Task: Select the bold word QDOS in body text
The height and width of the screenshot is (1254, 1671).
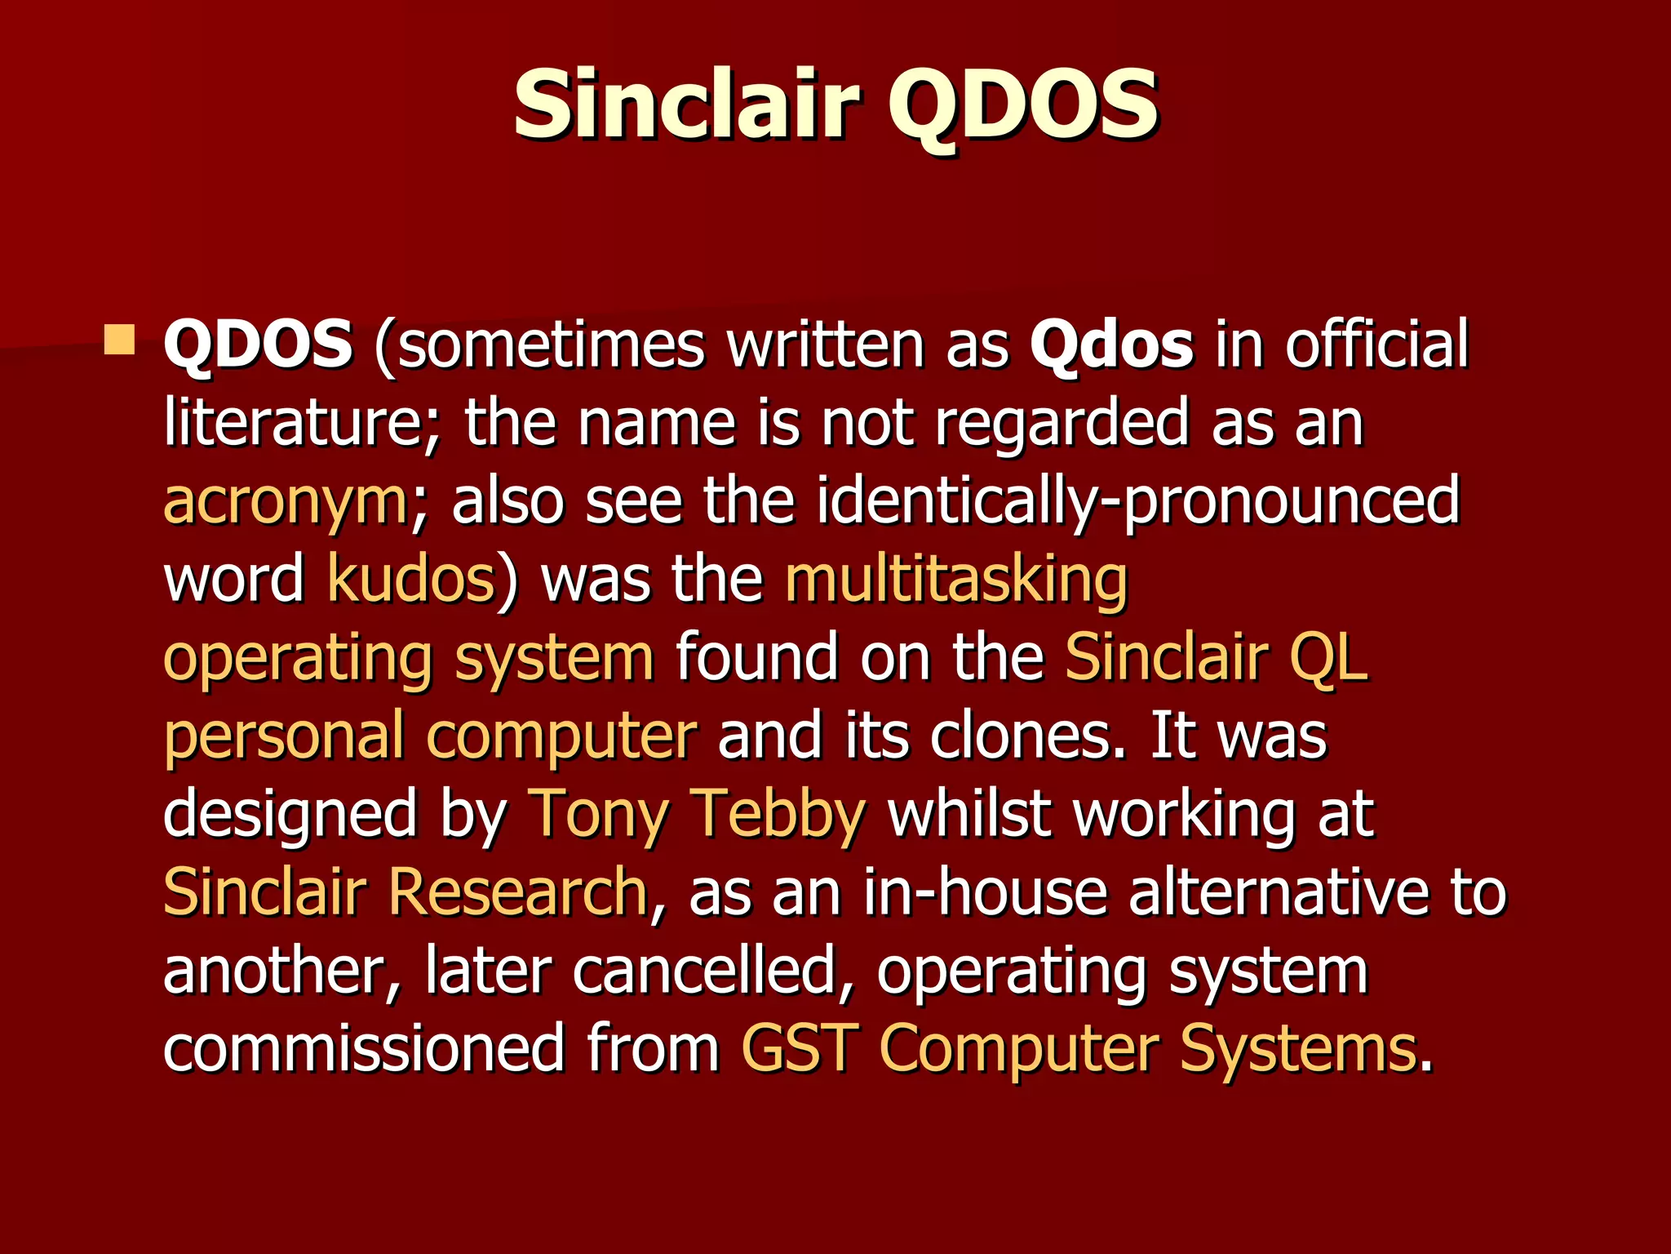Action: (x=258, y=345)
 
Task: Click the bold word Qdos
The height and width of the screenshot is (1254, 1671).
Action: (x=1111, y=345)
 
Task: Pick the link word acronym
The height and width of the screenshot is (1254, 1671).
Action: (x=286, y=503)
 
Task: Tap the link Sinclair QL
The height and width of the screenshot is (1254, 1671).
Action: (x=1216, y=657)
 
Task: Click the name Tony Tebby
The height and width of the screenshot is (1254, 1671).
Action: (x=697, y=814)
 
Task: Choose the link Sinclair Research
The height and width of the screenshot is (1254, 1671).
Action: (x=406, y=892)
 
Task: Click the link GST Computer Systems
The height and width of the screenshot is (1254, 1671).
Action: (x=1079, y=1048)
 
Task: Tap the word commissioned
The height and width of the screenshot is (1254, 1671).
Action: (x=363, y=1048)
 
